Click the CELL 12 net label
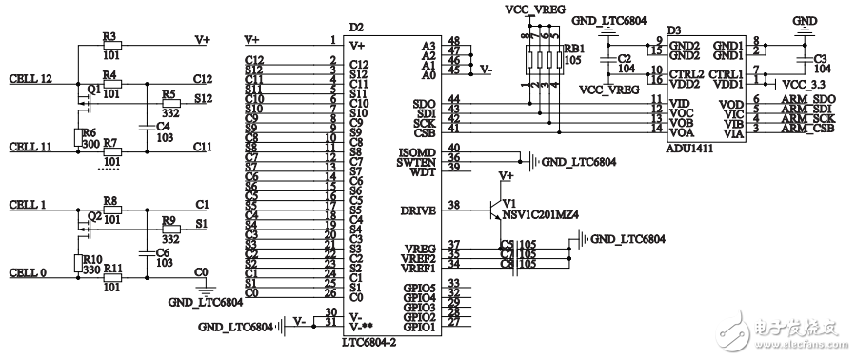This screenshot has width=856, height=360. (30, 79)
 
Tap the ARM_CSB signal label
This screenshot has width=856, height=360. (810, 128)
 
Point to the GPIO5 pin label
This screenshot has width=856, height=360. (418, 287)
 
